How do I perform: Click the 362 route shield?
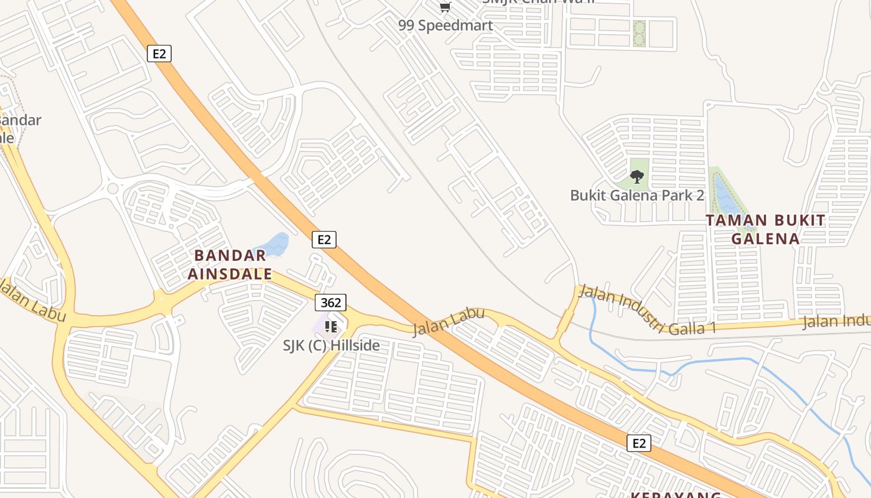pyautogui.click(x=330, y=303)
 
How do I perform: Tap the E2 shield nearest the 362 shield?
pyautogui.click(x=324, y=240)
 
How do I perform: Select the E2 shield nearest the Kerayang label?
pyautogui.click(x=639, y=443)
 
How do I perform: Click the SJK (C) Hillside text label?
pyautogui.click(x=331, y=345)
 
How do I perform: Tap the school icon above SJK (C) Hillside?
pyautogui.click(x=330, y=326)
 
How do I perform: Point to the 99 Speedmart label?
pyautogui.click(x=445, y=26)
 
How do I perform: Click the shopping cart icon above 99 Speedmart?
pyautogui.click(x=445, y=7)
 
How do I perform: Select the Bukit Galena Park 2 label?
pyautogui.click(x=637, y=195)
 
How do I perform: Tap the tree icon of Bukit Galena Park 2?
pyautogui.click(x=636, y=177)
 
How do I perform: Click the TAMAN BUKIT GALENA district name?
pyautogui.click(x=765, y=229)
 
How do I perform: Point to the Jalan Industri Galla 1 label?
pyautogui.click(x=647, y=311)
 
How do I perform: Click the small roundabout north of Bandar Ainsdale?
pyautogui.click(x=113, y=188)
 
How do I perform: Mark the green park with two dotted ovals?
pyautogui.click(x=639, y=34)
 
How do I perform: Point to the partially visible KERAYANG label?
pyautogui.click(x=676, y=495)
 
